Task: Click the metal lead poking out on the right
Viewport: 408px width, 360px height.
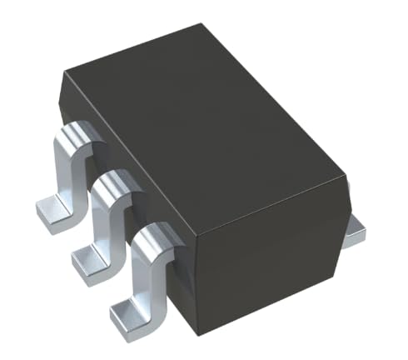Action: click(356, 232)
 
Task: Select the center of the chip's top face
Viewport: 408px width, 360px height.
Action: click(208, 125)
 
